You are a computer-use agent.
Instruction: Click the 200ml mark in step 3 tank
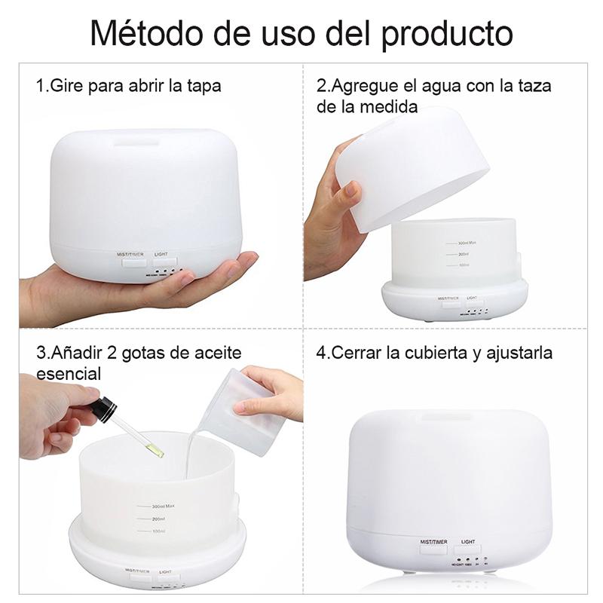[x=158, y=519]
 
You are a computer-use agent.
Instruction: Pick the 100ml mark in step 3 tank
[x=158, y=532]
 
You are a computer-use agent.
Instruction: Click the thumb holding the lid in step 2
[x=347, y=197]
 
